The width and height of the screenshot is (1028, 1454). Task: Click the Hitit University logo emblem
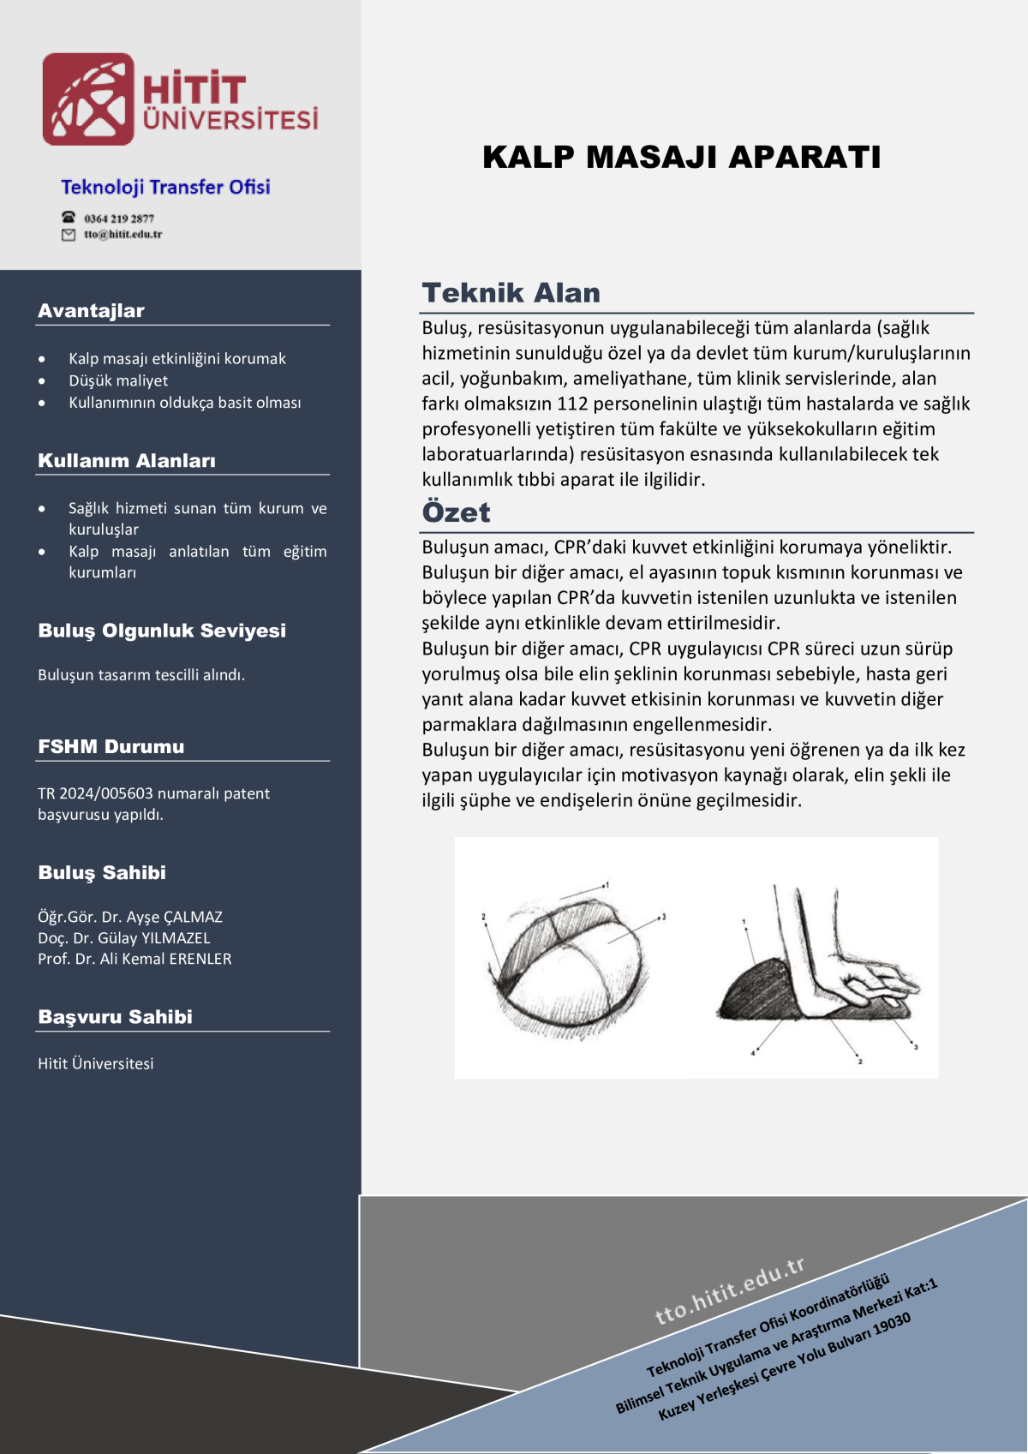tap(88, 99)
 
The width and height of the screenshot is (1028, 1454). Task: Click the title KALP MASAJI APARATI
tap(681, 158)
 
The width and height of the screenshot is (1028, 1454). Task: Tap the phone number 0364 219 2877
tap(119, 218)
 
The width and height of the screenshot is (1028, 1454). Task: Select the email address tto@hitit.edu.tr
tap(123, 235)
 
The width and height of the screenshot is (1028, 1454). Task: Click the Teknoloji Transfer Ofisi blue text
tap(165, 187)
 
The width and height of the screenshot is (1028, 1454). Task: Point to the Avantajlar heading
tap(91, 311)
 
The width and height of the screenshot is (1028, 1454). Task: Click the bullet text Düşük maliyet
tap(118, 380)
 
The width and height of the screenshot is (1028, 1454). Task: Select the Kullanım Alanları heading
tap(127, 461)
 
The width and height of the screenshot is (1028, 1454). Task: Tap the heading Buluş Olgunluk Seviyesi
tap(162, 631)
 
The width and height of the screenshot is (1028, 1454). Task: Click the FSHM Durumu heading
tap(111, 746)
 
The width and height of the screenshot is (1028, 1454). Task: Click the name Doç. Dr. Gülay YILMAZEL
tap(124, 938)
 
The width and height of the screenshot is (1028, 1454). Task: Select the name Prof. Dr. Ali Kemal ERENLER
tap(134, 959)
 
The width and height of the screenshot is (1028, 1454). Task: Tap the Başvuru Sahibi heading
tap(115, 1017)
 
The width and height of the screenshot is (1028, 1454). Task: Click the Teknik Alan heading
tap(511, 293)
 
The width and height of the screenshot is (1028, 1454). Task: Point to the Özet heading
tap(456, 512)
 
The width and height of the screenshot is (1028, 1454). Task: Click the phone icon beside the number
tap(69, 218)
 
